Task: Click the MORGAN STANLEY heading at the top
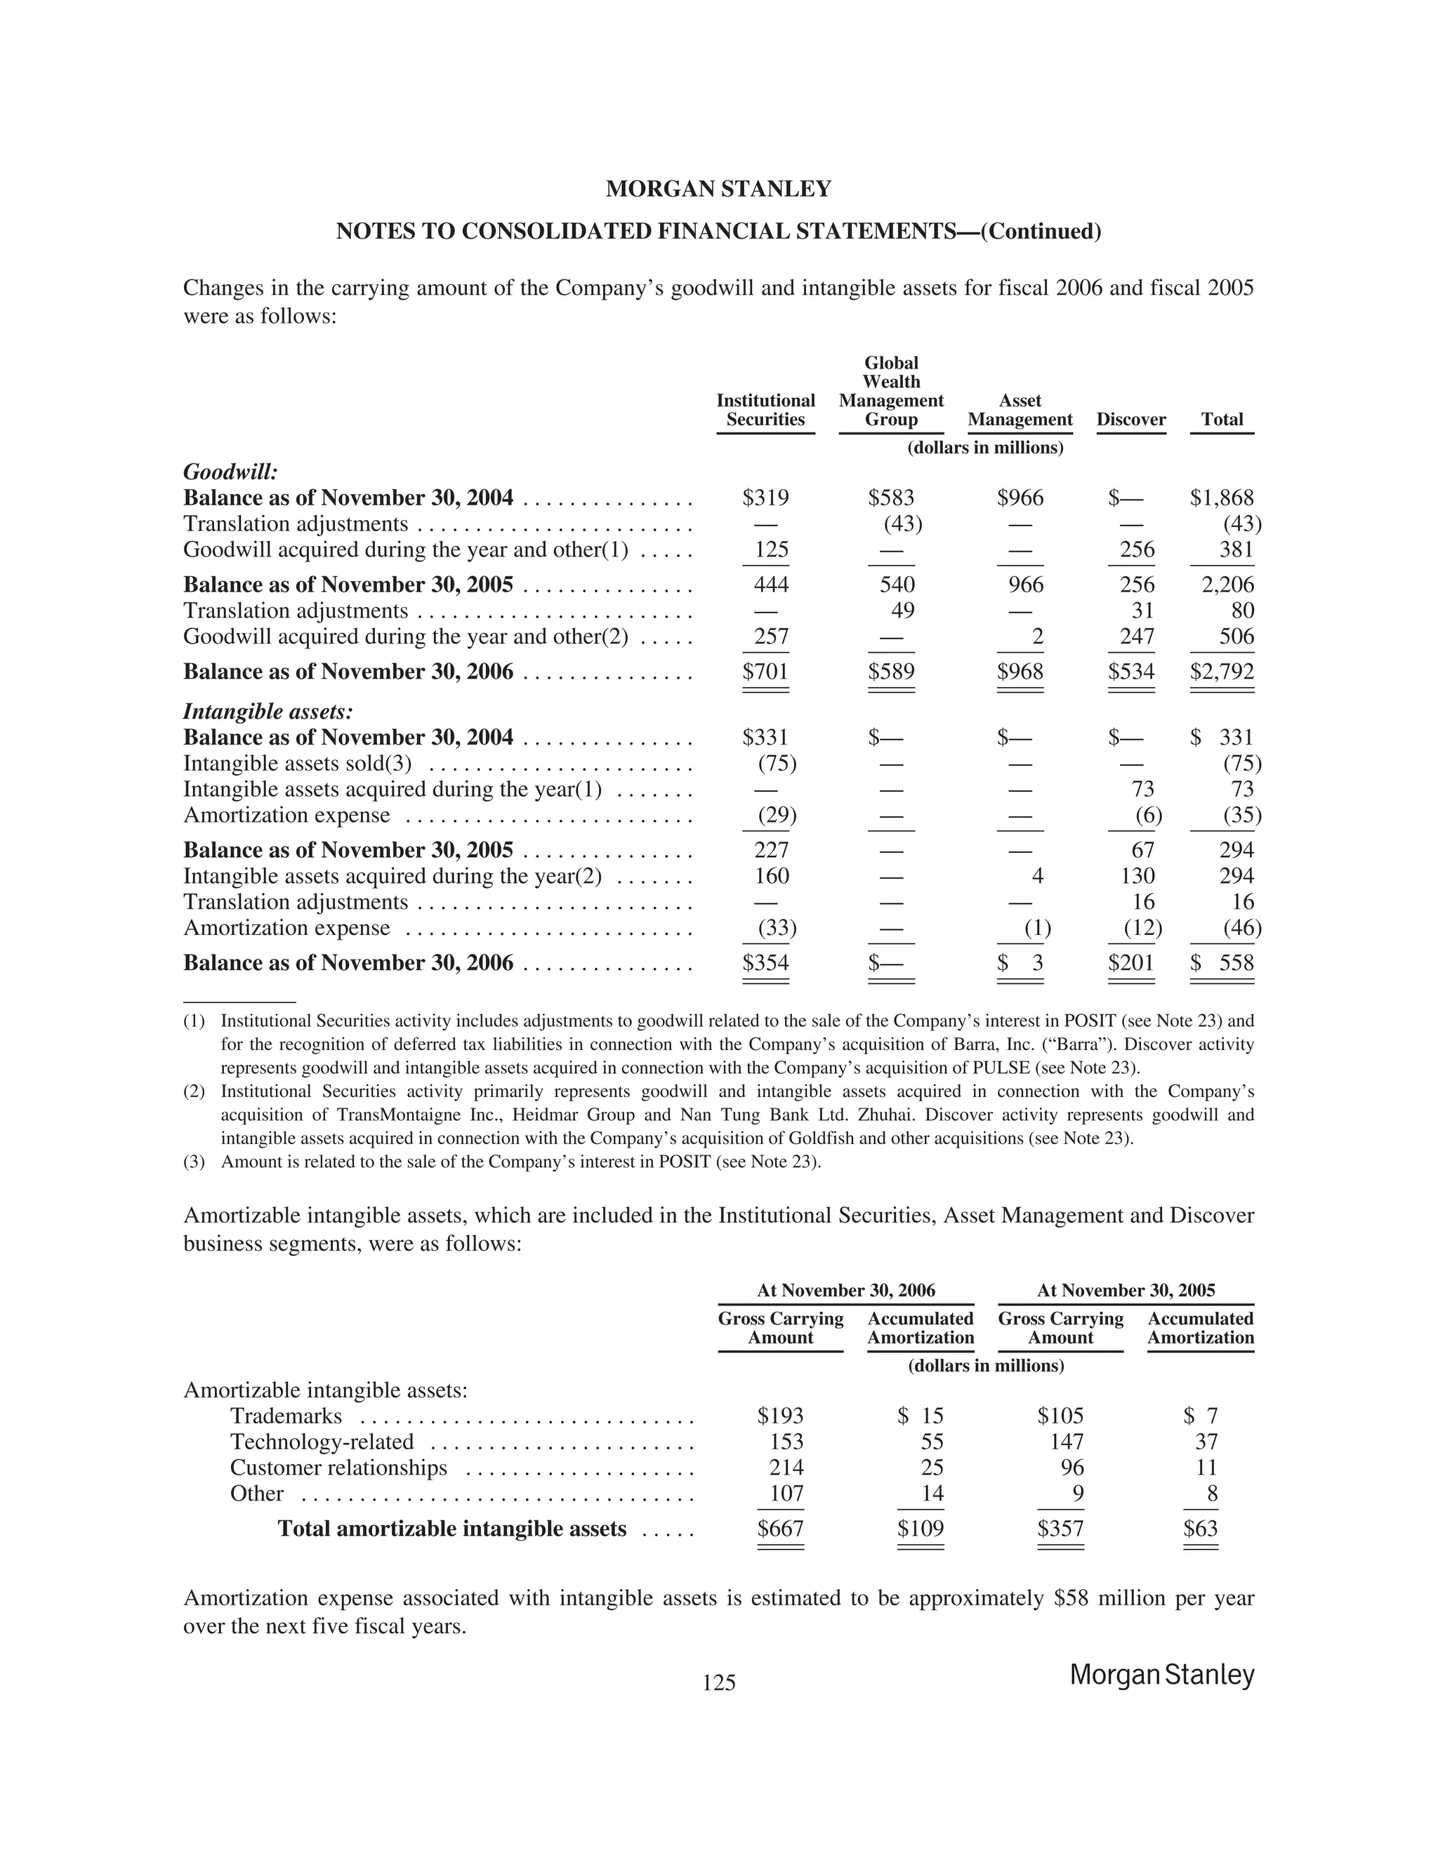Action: click(718, 189)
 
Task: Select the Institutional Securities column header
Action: click(765, 410)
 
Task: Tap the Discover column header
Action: click(1130, 419)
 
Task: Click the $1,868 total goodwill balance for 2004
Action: click(1222, 498)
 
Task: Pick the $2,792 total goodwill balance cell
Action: click(1222, 672)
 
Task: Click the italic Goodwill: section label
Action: click(231, 472)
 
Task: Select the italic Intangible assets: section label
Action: click(268, 711)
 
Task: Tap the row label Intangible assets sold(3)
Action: click(297, 763)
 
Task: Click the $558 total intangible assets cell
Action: click(1223, 963)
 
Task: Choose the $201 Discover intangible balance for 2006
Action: click(1130, 963)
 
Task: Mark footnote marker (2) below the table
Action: click(194, 1091)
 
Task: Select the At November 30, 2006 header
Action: click(845, 1290)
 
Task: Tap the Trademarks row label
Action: click(286, 1416)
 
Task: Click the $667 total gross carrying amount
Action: click(780, 1529)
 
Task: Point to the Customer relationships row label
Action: click(338, 1468)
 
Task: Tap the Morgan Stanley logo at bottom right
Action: click(1161, 1675)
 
